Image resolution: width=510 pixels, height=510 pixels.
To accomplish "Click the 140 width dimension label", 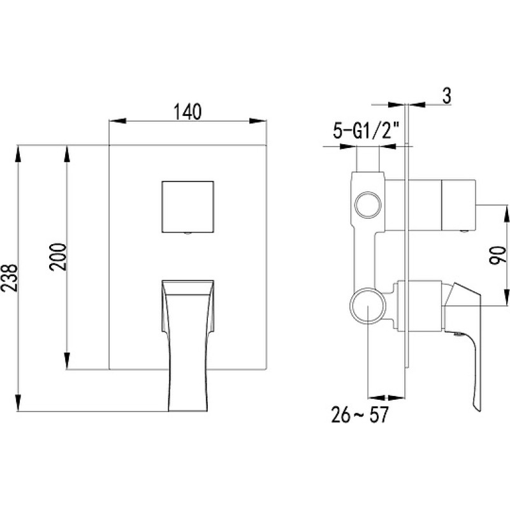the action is click(x=187, y=112).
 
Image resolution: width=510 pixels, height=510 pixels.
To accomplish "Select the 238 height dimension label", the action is click(x=9, y=278).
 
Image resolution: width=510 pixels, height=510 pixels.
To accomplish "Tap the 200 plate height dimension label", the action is click(x=58, y=257).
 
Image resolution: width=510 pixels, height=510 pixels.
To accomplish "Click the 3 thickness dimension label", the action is click(x=448, y=96).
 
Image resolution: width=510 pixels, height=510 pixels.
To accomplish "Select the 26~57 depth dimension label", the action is click(x=360, y=415).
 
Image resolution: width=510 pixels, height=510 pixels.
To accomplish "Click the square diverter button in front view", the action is click(x=187, y=207).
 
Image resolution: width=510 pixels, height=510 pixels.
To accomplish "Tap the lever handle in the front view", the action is click(x=187, y=346).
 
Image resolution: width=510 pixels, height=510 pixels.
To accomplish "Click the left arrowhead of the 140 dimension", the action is click(x=117, y=121).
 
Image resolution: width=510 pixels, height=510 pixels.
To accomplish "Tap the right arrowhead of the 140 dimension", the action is click(x=258, y=121).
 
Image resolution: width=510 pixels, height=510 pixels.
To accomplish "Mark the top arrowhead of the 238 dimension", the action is click(x=18, y=154).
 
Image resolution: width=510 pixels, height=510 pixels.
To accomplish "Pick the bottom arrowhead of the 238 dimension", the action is click(x=18, y=403).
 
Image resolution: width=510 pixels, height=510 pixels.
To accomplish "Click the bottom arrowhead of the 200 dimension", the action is click(x=67, y=361).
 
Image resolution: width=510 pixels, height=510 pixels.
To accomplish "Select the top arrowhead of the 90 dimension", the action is click(x=507, y=214).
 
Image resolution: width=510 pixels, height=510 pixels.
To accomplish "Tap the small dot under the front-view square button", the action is click(x=187, y=233).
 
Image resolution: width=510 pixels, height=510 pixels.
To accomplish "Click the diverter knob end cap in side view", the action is click(x=458, y=204).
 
